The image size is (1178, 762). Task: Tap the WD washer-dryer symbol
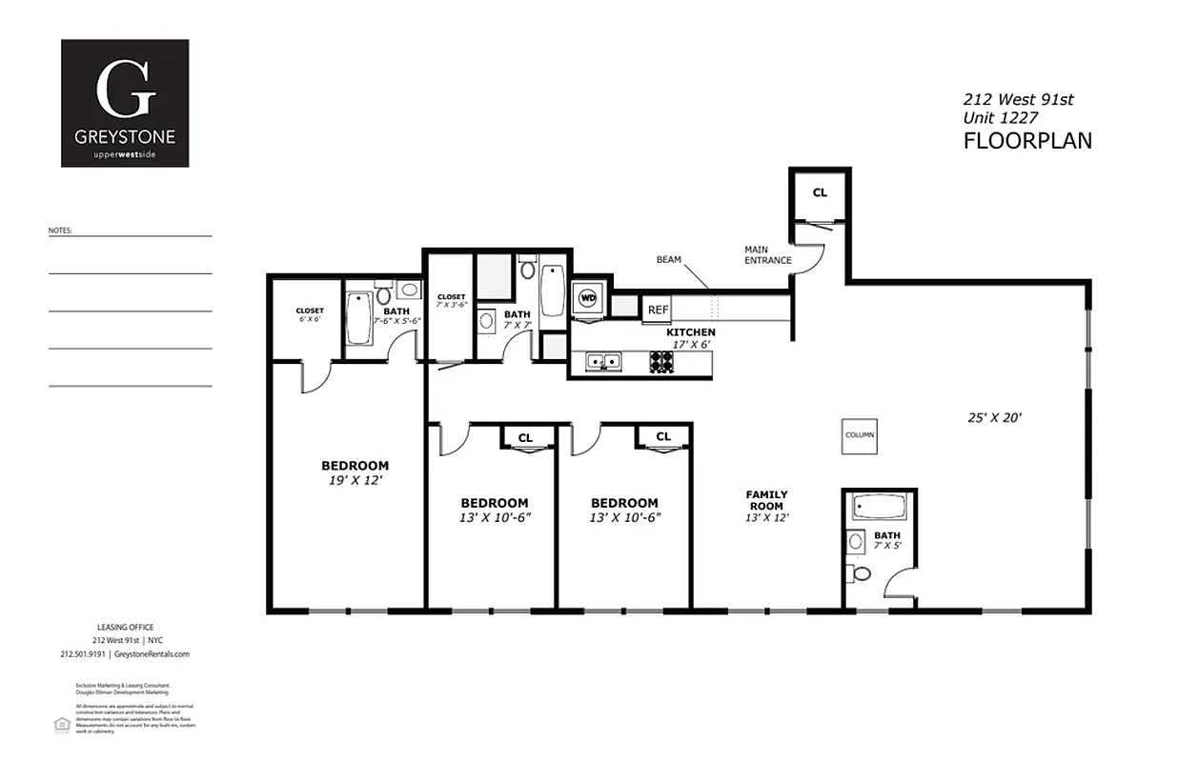588,298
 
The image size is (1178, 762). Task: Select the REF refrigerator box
658,310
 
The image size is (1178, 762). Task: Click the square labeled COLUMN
859,434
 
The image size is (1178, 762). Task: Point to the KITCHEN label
691,332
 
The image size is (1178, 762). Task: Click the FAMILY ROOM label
766,500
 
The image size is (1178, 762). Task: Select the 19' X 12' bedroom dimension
355,482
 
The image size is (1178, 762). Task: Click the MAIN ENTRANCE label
767,255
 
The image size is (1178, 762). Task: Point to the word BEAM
669,259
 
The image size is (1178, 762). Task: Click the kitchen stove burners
661,361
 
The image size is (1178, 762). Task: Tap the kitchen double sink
604,361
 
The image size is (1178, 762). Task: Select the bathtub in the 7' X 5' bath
878,507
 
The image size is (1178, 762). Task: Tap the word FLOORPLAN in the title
1026,141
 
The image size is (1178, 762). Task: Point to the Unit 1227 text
999,117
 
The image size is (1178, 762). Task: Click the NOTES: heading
60,231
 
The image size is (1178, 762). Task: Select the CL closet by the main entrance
819,192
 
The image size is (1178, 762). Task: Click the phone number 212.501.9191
83,654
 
